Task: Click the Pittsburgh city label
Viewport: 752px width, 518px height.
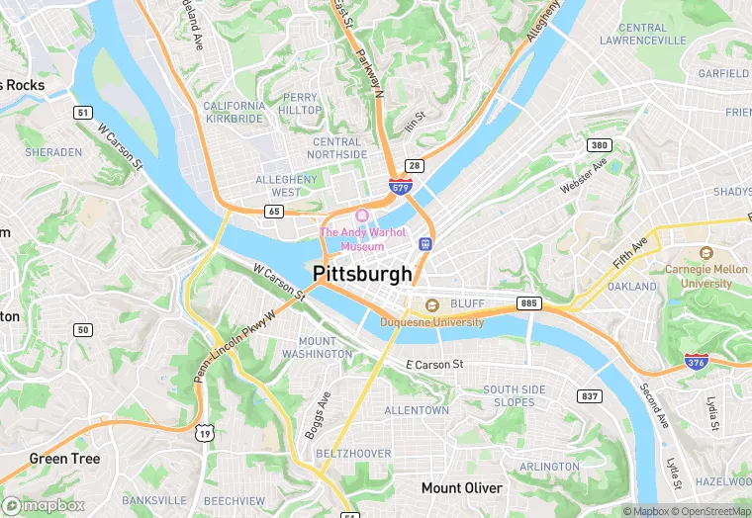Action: (x=362, y=273)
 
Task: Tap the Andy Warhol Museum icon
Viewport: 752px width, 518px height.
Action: (x=362, y=215)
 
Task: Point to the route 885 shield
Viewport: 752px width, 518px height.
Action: (x=529, y=302)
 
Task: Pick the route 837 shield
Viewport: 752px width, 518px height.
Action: (x=590, y=395)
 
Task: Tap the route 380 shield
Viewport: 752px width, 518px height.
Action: (x=599, y=144)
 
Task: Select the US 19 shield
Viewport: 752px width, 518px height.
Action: (x=204, y=432)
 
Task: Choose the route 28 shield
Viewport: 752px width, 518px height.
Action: (x=414, y=165)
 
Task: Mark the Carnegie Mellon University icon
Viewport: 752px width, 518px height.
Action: (x=705, y=254)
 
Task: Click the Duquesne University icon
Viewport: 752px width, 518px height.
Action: (x=431, y=304)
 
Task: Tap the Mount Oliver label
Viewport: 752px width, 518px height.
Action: (x=461, y=488)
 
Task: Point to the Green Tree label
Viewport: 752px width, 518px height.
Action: (x=63, y=459)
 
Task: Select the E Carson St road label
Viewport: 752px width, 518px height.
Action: (x=434, y=365)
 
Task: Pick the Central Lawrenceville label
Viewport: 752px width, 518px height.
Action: (x=643, y=34)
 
